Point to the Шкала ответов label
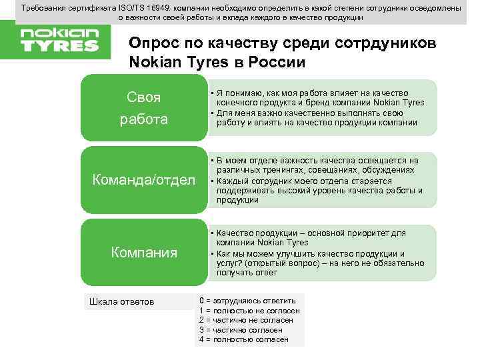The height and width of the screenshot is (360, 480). [121, 302]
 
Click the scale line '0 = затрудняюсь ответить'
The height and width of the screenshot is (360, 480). [247, 301]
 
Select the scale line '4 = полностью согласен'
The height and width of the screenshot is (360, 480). [243, 339]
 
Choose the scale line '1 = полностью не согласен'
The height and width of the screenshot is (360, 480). [249, 311]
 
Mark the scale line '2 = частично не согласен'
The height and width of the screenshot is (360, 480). [247, 320]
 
